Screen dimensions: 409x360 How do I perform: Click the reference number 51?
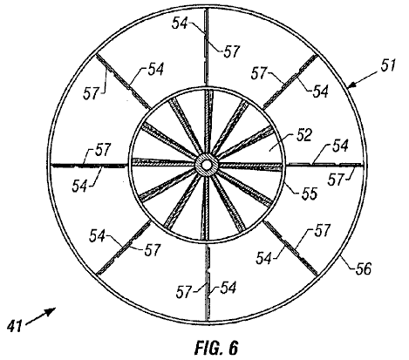(x=388, y=65)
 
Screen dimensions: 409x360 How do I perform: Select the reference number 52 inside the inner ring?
(x=303, y=135)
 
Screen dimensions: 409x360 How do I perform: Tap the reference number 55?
(x=309, y=194)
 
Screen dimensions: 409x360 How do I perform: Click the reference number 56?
(x=363, y=268)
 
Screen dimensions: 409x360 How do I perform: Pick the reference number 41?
(x=15, y=325)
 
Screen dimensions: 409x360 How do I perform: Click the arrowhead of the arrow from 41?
(x=51, y=311)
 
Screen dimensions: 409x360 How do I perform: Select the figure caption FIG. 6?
(x=216, y=348)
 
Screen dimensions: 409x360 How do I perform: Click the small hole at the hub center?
(x=206, y=165)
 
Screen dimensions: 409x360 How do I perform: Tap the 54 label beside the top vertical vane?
(x=180, y=23)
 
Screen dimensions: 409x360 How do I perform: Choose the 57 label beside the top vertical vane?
(x=231, y=51)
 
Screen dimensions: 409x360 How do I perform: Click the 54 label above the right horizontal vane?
(x=340, y=146)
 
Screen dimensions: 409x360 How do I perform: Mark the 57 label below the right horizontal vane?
(x=336, y=180)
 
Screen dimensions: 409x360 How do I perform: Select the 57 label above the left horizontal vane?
(x=103, y=149)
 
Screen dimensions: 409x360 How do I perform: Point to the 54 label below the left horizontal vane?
(x=80, y=186)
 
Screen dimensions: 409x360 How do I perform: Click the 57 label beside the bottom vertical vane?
(x=184, y=292)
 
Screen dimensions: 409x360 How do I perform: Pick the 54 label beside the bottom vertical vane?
(x=228, y=288)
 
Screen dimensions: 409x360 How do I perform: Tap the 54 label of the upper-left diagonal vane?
(x=156, y=70)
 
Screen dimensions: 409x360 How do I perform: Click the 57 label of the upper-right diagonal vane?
(x=259, y=73)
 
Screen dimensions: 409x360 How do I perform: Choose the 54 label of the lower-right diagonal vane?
(x=264, y=258)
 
